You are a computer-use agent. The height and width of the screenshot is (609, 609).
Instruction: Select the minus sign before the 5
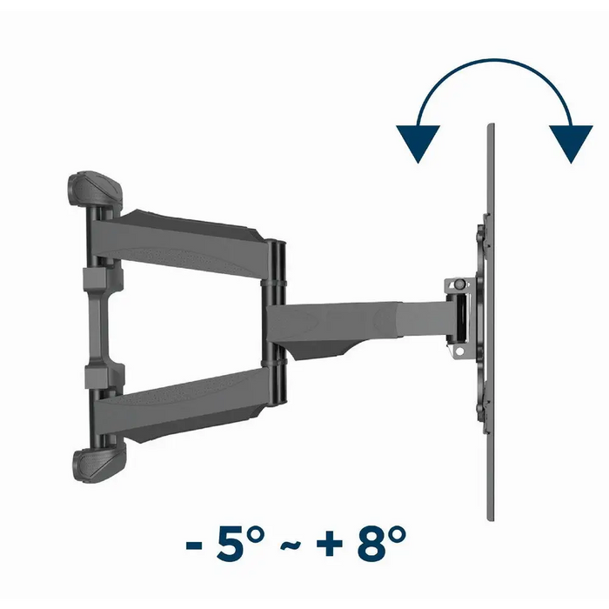pos(194,545)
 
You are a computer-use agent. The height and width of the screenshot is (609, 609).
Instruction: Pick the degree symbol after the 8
pos(397,536)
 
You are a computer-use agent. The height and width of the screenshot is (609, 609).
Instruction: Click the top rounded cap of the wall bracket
pos(94,189)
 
